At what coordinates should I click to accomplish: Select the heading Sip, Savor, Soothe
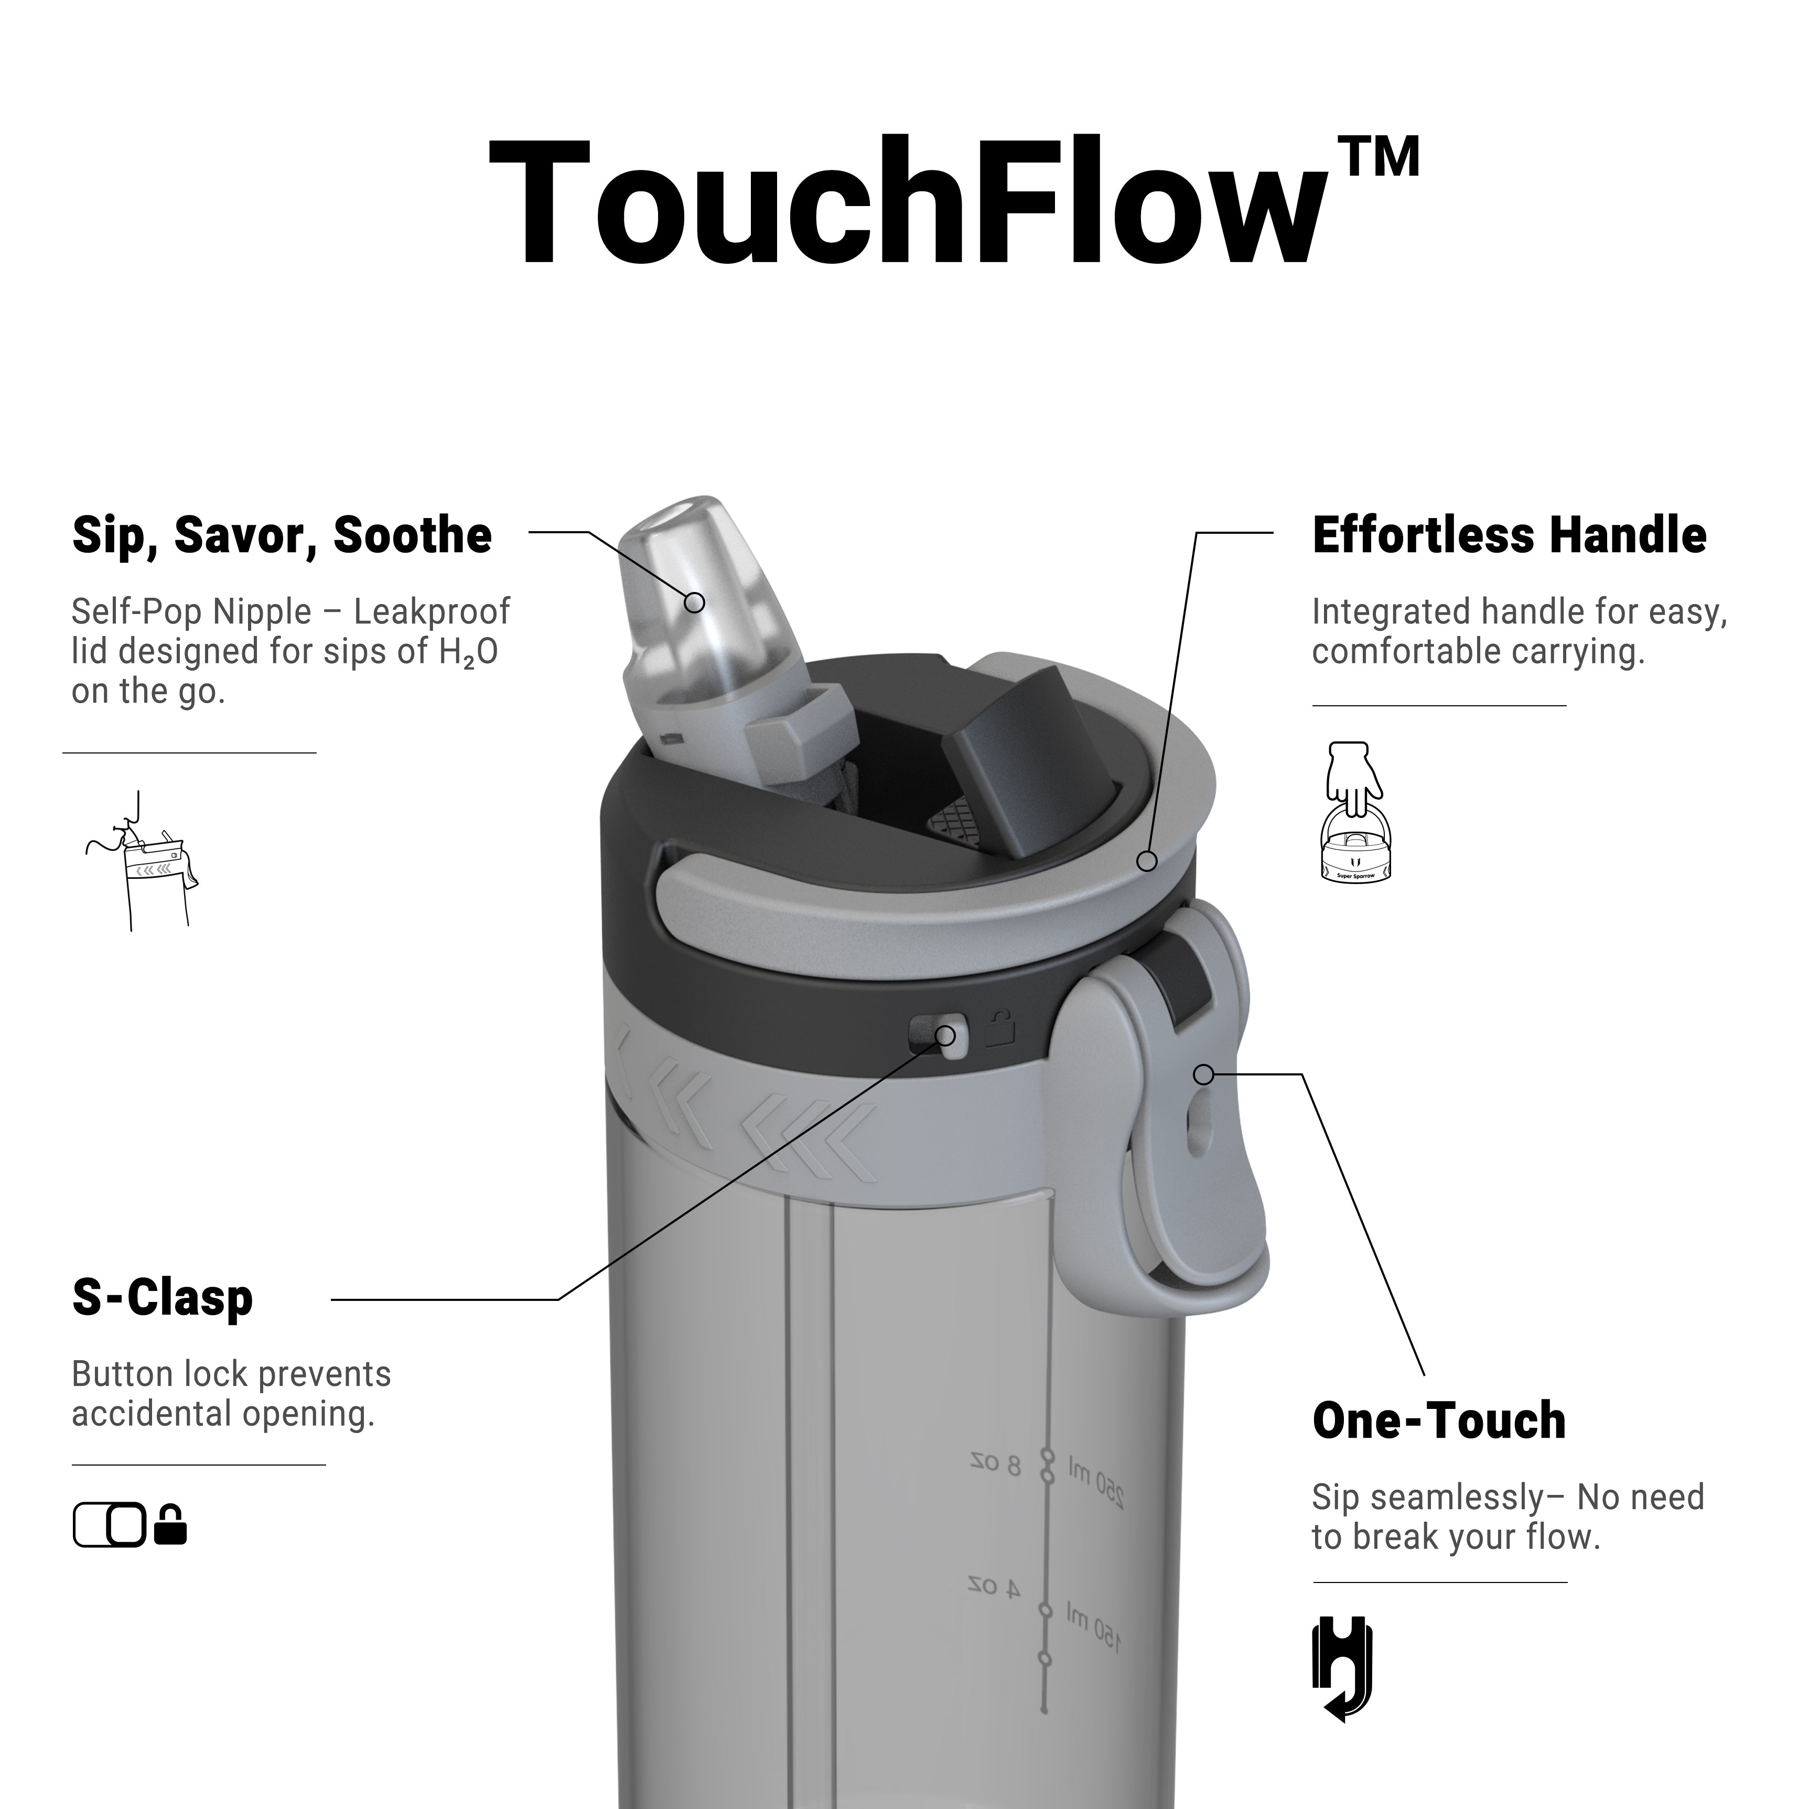point(282,536)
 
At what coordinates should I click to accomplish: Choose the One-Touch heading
point(1439,1420)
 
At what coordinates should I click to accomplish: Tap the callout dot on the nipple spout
point(694,602)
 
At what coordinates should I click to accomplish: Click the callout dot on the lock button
point(946,1036)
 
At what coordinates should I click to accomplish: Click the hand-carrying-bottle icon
point(1355,812)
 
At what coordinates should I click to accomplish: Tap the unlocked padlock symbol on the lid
point(1000,1028)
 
